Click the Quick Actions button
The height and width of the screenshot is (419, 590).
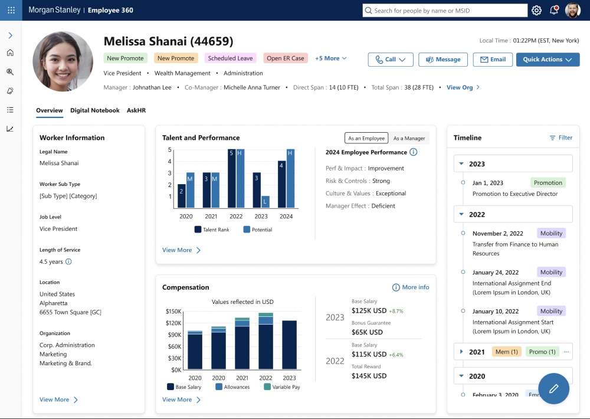click(548, 60)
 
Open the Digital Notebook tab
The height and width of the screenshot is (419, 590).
click(94, 110)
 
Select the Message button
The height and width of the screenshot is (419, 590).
click(443, 60)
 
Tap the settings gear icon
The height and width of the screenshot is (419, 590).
click(536, 10)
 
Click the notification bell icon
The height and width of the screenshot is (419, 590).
click(554, 10)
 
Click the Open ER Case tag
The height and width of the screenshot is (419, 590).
click(286, 58)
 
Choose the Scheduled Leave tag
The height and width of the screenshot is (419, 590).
click(230, 58)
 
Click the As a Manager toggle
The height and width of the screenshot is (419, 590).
click(409, 138)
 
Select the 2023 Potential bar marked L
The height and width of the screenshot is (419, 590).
click(265, 202)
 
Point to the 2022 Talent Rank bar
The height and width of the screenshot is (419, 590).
click(232, 178)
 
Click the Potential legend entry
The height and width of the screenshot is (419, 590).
click(257, 230)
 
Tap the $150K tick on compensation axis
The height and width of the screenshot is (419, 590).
click(173, 312)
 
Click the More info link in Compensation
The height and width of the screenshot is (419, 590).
click(411, 287)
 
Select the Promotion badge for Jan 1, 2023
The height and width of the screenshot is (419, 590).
click(548, 183)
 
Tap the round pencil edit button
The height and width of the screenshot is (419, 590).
click(553, 388)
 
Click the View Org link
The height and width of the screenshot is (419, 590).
click(463, 87)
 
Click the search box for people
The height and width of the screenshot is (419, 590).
click(445, 11)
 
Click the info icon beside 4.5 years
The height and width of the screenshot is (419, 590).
click(68, 261)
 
